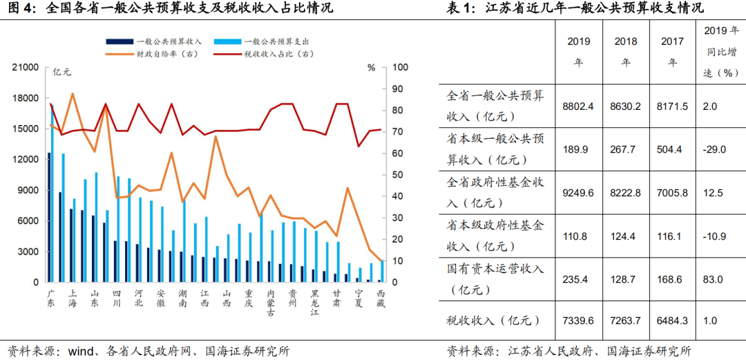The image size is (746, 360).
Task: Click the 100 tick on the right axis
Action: coord(401,68)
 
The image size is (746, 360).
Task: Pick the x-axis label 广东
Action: coord(50,299)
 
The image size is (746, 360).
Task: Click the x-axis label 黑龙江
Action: coord(316,303)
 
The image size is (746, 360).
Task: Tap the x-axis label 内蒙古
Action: coord(271,303)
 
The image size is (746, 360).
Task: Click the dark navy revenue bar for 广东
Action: coord(49,217)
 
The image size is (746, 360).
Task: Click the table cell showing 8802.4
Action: coord(579,106)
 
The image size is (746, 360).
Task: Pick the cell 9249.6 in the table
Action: coord(579,192)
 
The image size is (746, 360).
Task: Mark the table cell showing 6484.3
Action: coord(672,321)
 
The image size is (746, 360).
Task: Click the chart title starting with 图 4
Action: coord(170,9)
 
